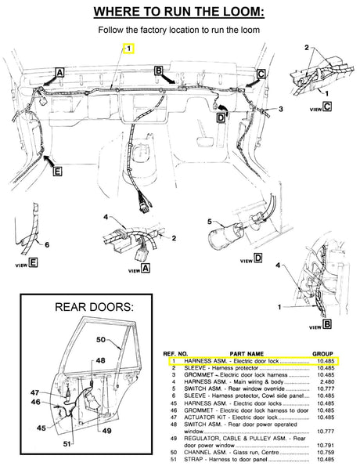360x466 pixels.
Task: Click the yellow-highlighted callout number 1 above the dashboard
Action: point(129,47)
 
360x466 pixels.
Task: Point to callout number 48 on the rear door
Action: point(101,360)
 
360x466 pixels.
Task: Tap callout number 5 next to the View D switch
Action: point(210,222)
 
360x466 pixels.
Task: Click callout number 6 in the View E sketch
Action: point(46,244)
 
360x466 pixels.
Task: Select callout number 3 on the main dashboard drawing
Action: point(279,111)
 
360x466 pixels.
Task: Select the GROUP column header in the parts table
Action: point(323,353)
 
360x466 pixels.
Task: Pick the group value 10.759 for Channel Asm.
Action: point(324,451)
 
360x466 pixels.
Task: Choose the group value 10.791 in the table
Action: point(324,444)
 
